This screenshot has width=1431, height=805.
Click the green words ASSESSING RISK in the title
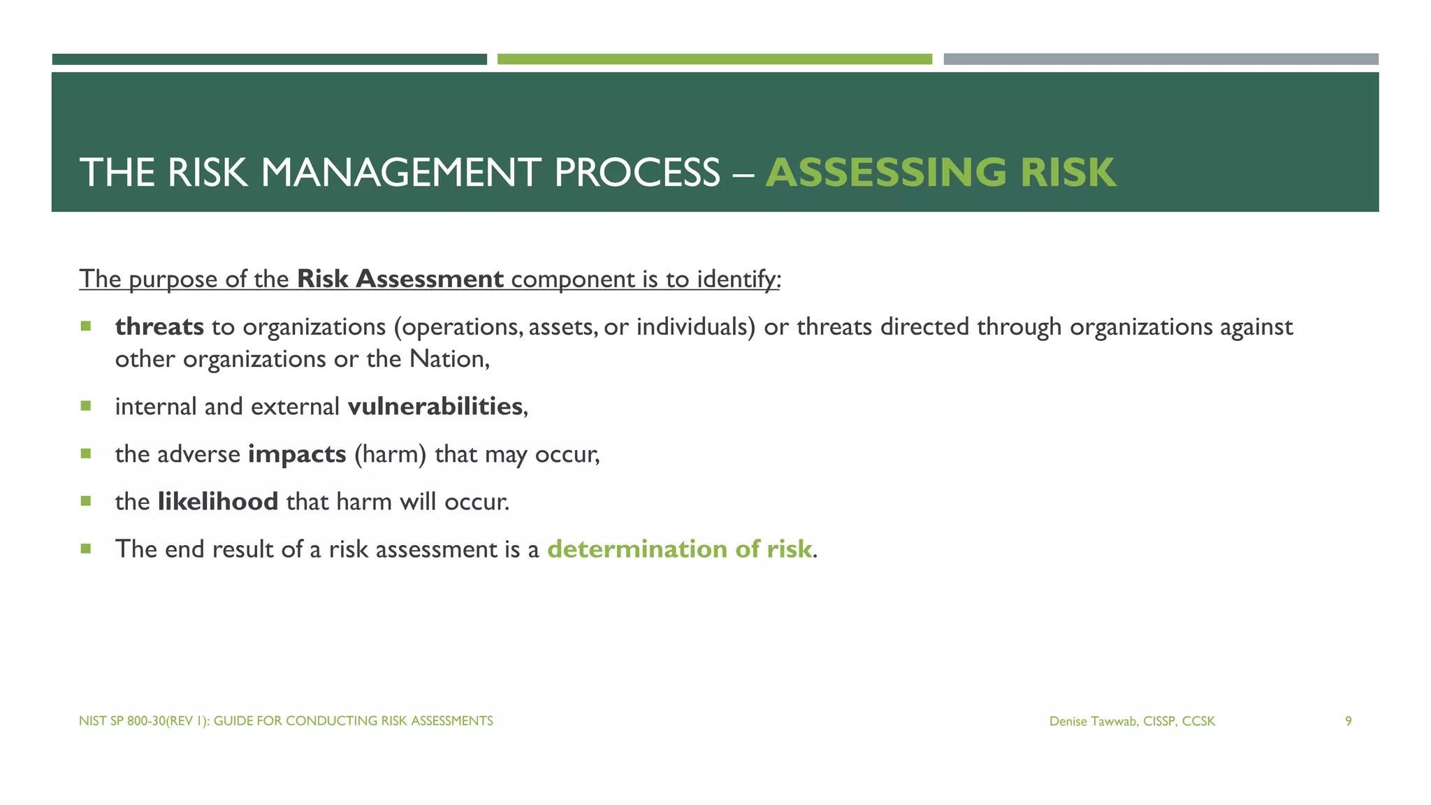coord(940,173)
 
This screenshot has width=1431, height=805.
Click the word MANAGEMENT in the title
coord(400,173)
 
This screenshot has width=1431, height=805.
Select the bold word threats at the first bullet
coord(159,326)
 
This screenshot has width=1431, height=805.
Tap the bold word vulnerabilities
coord(435,406)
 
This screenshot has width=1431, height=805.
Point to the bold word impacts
coord(297,454)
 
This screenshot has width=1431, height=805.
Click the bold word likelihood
coord(218,502)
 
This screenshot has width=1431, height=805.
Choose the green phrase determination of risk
coord(679,549)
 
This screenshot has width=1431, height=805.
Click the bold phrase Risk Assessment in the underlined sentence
coord(400,279)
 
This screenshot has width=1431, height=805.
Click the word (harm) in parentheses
coord(390,454)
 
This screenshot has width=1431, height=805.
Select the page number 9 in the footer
coord(1348,721)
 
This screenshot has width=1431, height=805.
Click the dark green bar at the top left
coord(269,59)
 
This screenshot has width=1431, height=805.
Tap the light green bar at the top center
coord(714,59)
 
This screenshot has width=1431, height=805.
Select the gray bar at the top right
coord(1161,59)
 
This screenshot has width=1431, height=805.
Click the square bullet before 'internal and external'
coord(86,405)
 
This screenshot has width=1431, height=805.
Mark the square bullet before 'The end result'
coord(86,549)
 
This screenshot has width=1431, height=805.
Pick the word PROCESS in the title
coord(637,173)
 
